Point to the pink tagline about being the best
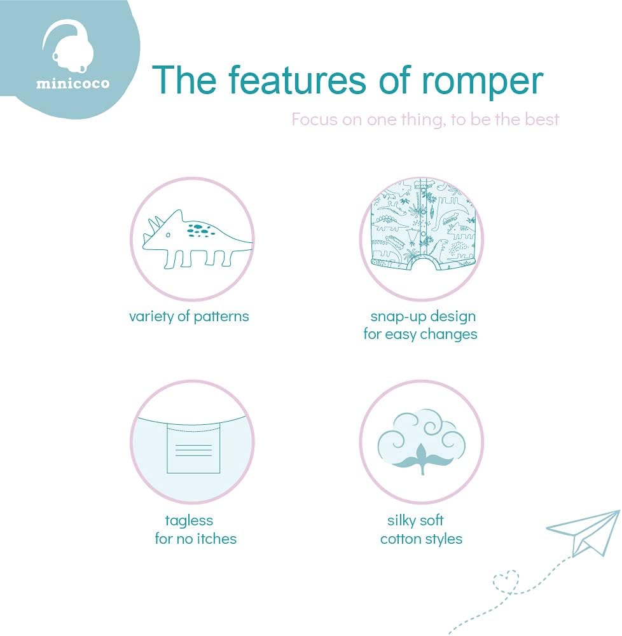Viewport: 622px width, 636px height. tap(425, 119)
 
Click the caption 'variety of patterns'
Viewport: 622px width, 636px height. tap(189, 316)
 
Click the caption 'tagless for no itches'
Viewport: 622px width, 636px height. tap(195, 530)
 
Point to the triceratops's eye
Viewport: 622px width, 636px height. tap(167, 235)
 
